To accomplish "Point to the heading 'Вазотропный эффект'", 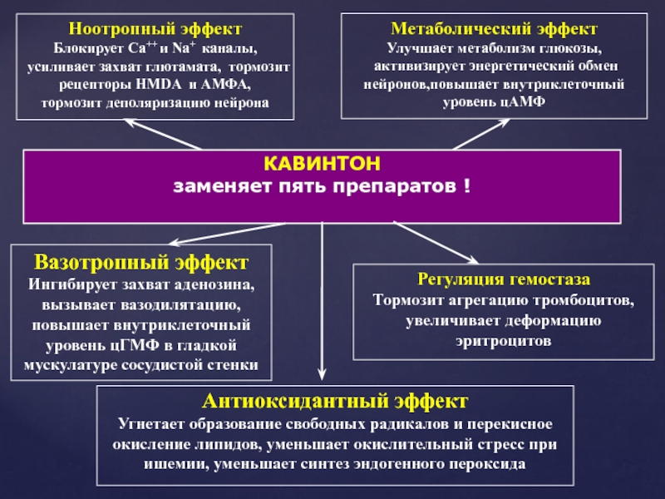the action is [141, 263].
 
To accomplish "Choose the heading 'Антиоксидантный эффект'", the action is [335, 402].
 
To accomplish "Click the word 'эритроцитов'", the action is [505, 341].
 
